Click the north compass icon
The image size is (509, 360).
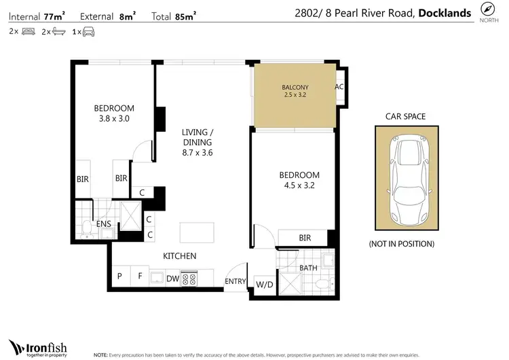coord(487,10)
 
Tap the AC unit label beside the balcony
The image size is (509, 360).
coord(339,88)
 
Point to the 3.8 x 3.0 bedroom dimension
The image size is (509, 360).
coord(113,119)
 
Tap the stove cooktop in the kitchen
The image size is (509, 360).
coord(189,278)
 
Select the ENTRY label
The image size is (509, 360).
coord(235,281)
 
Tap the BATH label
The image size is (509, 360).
coord(308,268)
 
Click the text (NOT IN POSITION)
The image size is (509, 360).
coord(401,244)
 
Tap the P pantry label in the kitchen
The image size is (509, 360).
coord(119,277)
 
